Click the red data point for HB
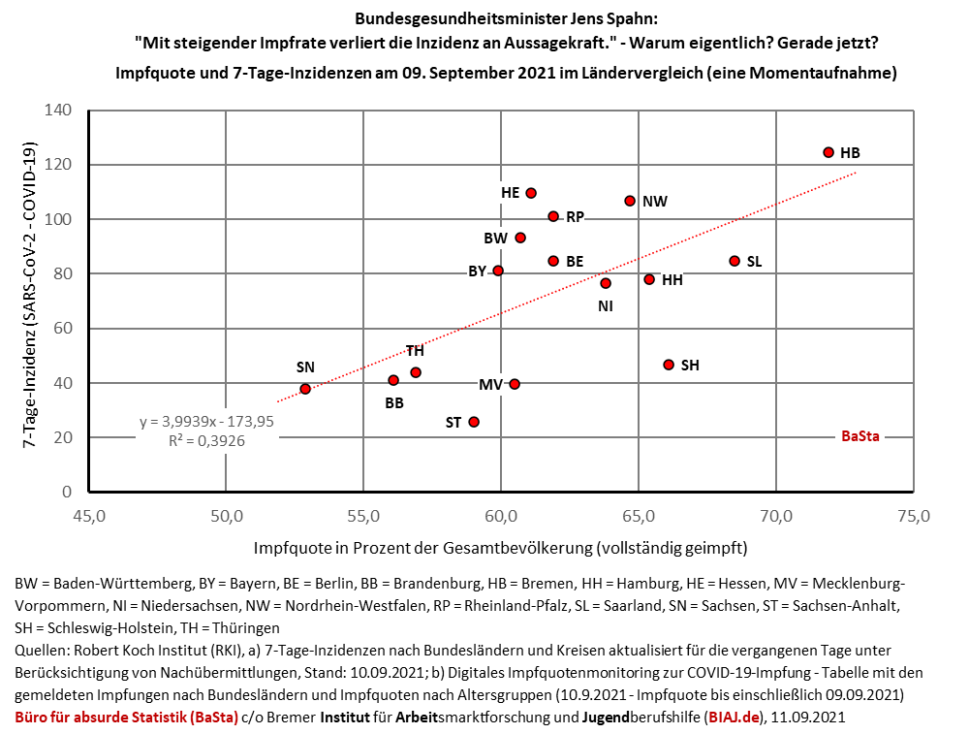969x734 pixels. click(828, 152)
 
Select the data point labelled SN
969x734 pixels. click(305, 389)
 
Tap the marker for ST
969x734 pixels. click(474, 422)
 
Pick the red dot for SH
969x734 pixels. click(669, 365)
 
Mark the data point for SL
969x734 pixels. click(735, 261)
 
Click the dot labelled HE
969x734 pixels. click(531, 193)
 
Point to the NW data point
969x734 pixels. click(630, 201)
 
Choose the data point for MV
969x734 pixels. click(515, 384)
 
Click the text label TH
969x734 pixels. click(415, 351)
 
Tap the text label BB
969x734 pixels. click(394, 401)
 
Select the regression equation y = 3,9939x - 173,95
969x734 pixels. click(206, 422)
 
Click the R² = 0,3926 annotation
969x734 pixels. click(206, 438)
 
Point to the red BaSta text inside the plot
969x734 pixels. click(860, 437)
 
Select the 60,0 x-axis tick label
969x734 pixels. click(501, 514)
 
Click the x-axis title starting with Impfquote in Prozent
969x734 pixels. click(500, 548)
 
